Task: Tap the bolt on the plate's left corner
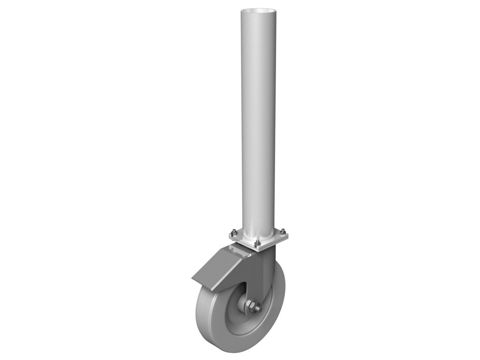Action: coord(232,233)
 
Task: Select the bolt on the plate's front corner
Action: coord(257,244)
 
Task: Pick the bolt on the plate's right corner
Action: coord(284,230)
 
